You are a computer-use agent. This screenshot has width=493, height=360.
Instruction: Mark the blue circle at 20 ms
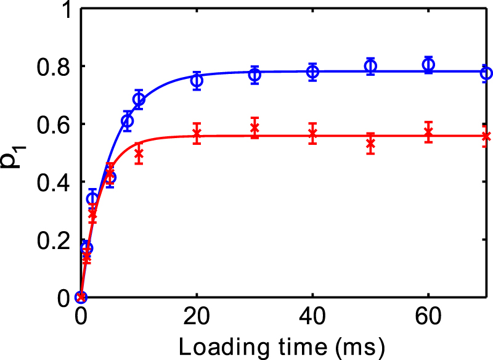coord(197,80)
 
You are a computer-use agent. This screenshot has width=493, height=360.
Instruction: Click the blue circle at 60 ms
coord(429,64)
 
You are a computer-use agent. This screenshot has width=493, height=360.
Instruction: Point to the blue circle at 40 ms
coord(313,72)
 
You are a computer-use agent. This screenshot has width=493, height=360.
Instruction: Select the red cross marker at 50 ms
coord(370,144)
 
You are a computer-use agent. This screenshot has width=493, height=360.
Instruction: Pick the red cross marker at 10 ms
coord(139,153)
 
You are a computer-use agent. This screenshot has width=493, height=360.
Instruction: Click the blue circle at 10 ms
coord(139,99)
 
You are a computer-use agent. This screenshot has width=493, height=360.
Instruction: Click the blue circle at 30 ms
coord(255,75)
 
